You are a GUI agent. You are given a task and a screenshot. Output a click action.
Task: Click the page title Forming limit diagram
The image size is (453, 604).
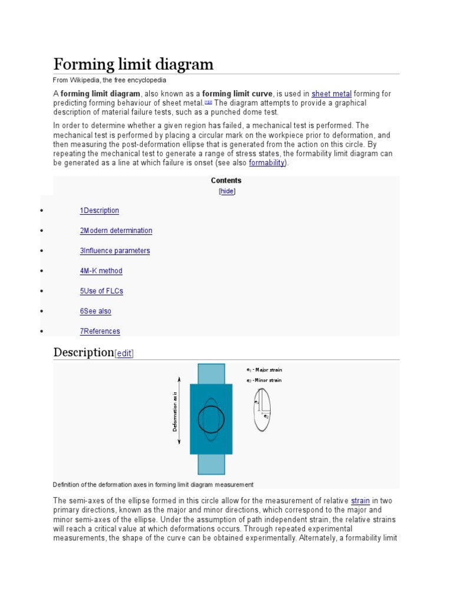[x=133, y=64]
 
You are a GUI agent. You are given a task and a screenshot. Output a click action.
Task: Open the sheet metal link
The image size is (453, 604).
[x=331, y=94]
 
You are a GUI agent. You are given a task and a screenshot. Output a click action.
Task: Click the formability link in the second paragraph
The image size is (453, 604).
[x=267, y=162]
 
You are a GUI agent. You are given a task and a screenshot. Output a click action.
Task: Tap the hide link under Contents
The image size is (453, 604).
[x=227, y=191]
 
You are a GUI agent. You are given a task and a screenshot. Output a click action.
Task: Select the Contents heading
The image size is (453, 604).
[x=226, y=180]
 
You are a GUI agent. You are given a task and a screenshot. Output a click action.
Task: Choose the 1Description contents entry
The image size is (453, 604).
[x=99, y=211]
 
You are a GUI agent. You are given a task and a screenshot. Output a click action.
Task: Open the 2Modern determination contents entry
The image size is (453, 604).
[x=116, y=231]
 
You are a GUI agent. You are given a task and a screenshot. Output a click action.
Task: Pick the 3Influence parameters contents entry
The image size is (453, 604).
[x=114, y=251]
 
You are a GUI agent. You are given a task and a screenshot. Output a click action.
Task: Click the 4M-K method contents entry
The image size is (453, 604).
[x=101, y=271]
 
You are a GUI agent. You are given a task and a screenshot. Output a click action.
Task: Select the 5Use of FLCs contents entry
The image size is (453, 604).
[x=101, y=291]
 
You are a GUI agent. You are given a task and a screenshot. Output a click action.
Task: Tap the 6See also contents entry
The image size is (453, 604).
[x=96, y=311]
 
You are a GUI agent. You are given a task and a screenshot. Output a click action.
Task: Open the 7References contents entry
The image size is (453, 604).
[x=100, y=331]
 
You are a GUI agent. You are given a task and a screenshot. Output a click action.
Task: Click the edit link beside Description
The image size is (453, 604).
[x=124, y=353]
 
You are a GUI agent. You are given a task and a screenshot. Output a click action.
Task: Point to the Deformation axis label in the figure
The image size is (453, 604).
[x=175, y=411]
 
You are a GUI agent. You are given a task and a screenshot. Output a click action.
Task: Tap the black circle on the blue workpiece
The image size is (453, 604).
[x=211, y=419]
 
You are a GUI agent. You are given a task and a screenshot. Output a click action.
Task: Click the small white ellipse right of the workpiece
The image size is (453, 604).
[x=262, y=409]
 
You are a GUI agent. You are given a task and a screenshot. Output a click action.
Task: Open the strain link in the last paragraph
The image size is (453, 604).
[x=360, y=501]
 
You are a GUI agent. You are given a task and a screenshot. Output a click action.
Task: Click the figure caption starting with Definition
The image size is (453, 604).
[x=153, y=484]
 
